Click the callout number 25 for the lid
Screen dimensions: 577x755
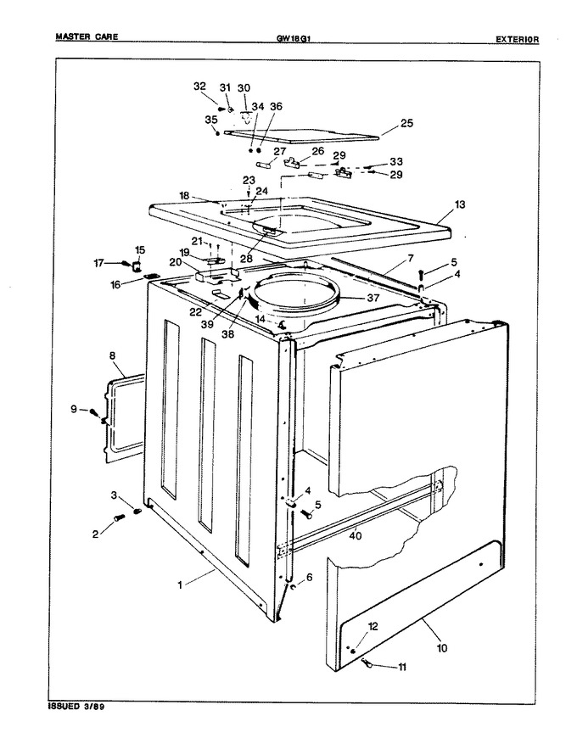[x=407, y=124]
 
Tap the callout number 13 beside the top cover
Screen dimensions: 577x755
[x=460, y=204]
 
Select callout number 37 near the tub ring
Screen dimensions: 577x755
[x=373, y=298]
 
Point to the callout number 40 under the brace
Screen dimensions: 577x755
[x=356, y=536]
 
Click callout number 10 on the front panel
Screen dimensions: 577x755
[x=441, y=648]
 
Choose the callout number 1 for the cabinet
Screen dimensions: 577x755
[x=180, y=585]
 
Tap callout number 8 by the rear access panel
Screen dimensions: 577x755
[x=112, y=356]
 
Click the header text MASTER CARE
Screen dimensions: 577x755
[x=87, y=36]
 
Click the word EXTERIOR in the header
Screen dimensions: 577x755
[x=518, y=40]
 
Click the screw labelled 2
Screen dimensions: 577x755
[x=118, y=518]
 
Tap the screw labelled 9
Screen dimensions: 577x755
[x=94, y=412]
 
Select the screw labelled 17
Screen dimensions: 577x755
[x=126, y=263]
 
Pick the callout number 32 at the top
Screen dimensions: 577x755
[x=199, y=87]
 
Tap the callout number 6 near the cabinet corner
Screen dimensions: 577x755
[x=309, y=577]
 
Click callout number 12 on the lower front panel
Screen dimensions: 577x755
[x=373, y=626]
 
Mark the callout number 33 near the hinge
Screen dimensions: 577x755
[x=396, y=161]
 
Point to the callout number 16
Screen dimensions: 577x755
[x=115, y=286]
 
